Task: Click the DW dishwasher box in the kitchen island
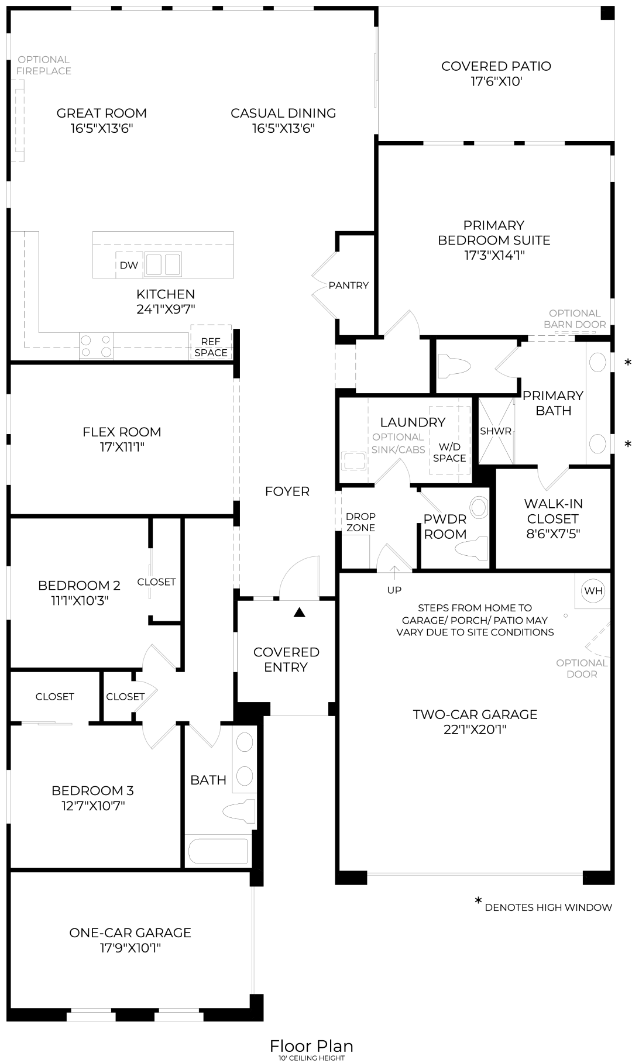tap(129, 265)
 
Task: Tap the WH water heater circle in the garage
tap(593, 591)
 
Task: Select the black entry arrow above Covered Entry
tap(300, 613)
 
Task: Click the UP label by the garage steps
tap(394, 590)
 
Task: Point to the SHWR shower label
tap(496, 431)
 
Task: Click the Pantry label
tap(349, 285)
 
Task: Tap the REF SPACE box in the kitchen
tap(211, 347)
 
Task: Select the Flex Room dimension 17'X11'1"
tap(122, 448)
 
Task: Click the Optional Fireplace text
tap(44, 66)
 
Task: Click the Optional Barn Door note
tap(575, 319)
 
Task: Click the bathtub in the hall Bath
tap(217, 850)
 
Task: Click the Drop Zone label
tap(361, 522)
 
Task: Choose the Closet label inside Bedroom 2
tap(156, 582)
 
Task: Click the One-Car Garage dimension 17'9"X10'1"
tap(130, 948)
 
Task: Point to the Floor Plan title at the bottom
tap(311, 1046)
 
